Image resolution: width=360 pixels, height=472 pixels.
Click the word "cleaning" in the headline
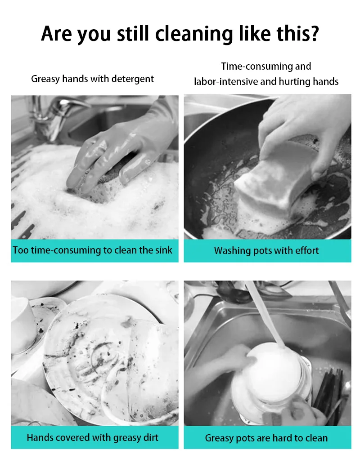pos(194,34)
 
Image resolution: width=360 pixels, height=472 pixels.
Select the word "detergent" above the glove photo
pos(133,79)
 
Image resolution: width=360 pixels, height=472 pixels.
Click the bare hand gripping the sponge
pos(304,129)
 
